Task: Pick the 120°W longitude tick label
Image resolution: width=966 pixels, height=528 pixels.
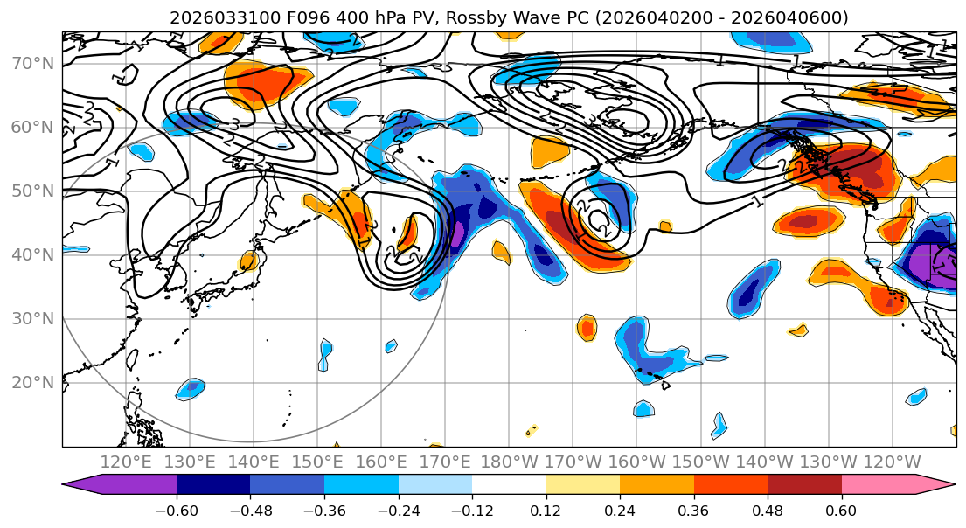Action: tap(891, 462)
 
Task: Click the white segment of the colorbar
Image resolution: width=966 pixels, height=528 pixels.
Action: tap(509, 484)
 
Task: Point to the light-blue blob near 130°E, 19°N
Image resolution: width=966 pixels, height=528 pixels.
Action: tap(190, 389)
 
